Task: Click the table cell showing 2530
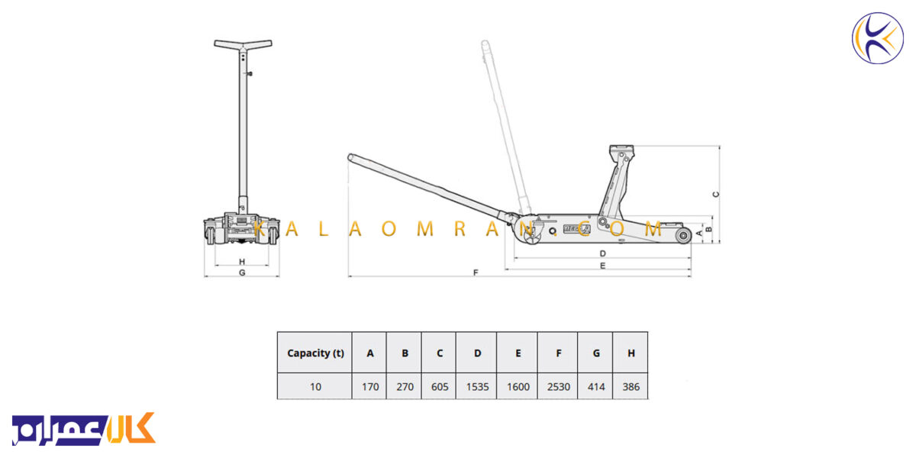(558, 386)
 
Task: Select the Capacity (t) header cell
(315, 353)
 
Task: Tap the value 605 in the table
(440, 386)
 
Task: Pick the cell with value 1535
(477, 386)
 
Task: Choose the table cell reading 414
(596, 386)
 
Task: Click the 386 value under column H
(631, 386)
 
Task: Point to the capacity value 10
(315, 386)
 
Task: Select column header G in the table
(596, 353)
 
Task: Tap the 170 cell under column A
(370, 386)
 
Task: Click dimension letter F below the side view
(476, 273)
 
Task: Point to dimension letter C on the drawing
(716, 194)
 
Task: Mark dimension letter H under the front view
(242, 261)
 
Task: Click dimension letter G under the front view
(242, 273)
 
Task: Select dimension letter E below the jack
(602, 266)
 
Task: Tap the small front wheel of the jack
(683, 236)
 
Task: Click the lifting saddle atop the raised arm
(621, 150)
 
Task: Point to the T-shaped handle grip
(243, 44)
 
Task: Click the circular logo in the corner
(878, 38)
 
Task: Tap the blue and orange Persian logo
(84, 428)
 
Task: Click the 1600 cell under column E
(518, 386)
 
